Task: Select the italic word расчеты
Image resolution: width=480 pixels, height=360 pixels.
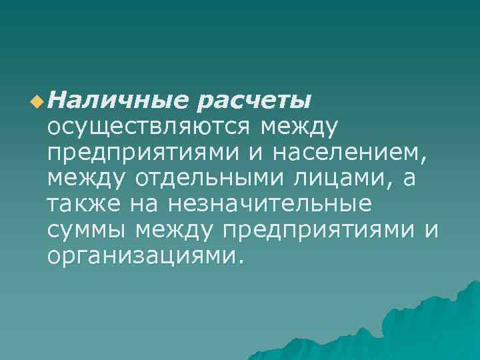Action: tap(254, 101)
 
